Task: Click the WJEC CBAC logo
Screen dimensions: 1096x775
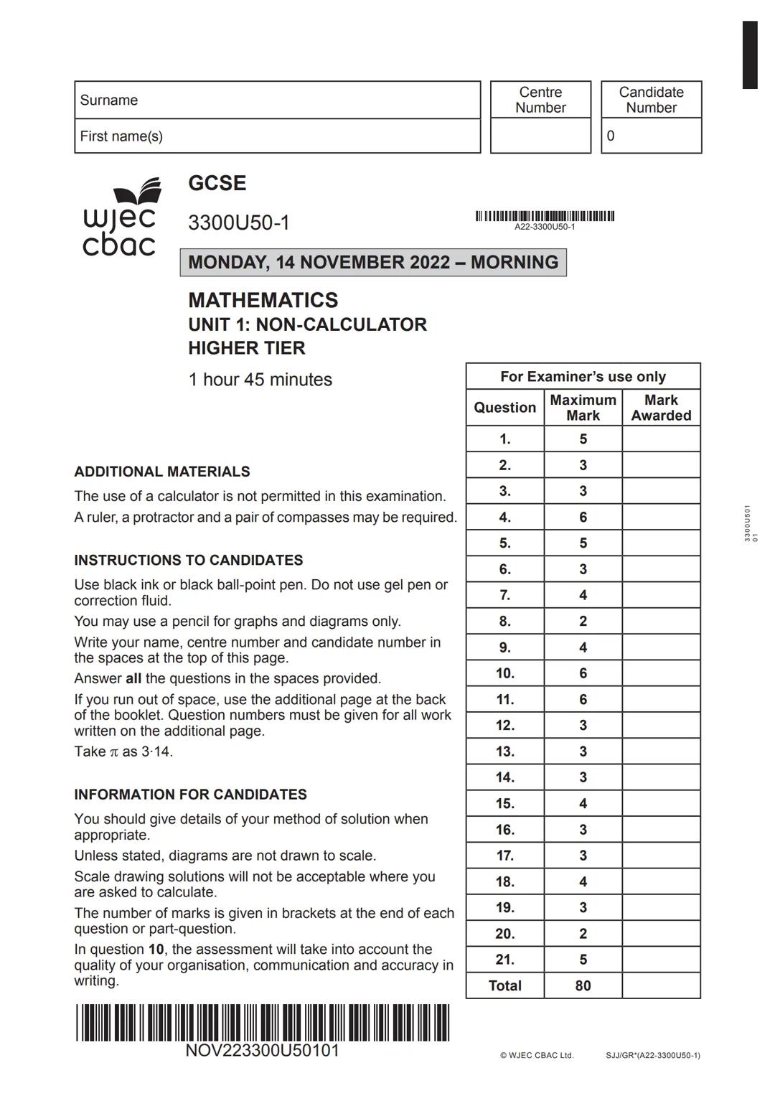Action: (x=120, y=217)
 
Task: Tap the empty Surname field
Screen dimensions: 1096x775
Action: (x=301, y=100)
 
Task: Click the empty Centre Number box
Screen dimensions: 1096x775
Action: (x=540, y=136)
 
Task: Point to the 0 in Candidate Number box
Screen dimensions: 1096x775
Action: (x=611, y=136)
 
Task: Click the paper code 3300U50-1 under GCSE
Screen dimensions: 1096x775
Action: (x=239, y=223)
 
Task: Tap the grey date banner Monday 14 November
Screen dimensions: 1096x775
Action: (x=373, y=262)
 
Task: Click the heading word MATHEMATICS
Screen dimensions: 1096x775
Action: (x=263, y=300)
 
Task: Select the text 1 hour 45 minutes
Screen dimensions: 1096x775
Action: (x=260, y=380)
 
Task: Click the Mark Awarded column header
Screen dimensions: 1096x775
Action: (x=661, y=408)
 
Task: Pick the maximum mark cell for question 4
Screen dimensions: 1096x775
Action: (x=583, y=517)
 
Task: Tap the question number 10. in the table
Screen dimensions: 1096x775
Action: (x=504, y=673)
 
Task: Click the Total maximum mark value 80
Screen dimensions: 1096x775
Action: (x=583, y=985)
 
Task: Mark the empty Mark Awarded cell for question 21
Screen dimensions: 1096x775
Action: (x=661, y=960)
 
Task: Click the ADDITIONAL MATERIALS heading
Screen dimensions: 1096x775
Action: (x=162, y=472)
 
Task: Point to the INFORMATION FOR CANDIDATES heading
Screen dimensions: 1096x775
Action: (x=190, y=795)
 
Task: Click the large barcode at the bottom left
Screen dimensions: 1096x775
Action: (x=262, y=1022)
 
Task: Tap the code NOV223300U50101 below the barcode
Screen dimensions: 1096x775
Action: (x=262, y=1051)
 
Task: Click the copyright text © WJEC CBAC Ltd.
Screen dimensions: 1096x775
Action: (x=537, y=1055)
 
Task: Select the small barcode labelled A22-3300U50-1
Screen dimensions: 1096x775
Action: (x=545, y=216)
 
